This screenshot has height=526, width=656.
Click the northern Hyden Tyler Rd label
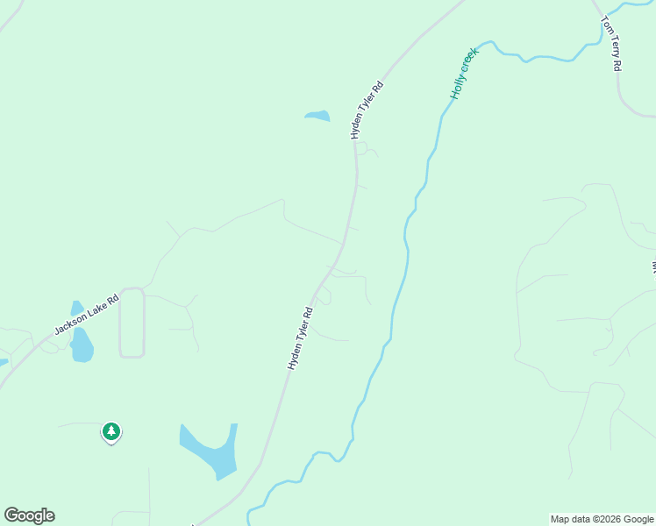point(367,110)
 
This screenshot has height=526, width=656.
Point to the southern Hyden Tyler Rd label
point(301,338)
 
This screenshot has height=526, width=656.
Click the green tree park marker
point(111,431)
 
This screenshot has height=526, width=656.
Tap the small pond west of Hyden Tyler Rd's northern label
point(317,116)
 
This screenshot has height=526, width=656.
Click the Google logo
point(29,515)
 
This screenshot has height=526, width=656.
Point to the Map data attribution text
point(602,519)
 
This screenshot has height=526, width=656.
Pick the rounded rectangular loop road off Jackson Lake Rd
point(132,323)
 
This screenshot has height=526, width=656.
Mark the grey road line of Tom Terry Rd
point(620,88)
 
